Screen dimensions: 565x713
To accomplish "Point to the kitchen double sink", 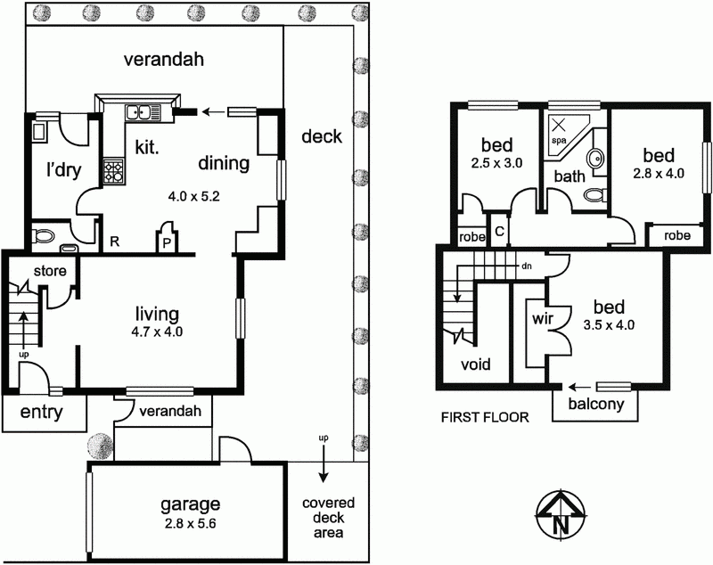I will [x=141, y=113].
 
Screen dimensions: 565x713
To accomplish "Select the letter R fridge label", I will [x=115, y=241].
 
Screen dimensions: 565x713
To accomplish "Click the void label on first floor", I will [x=475, y=364].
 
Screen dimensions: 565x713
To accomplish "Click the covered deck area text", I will [x=323, y=518].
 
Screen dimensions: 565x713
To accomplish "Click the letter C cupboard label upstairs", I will [x=499, y=232].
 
